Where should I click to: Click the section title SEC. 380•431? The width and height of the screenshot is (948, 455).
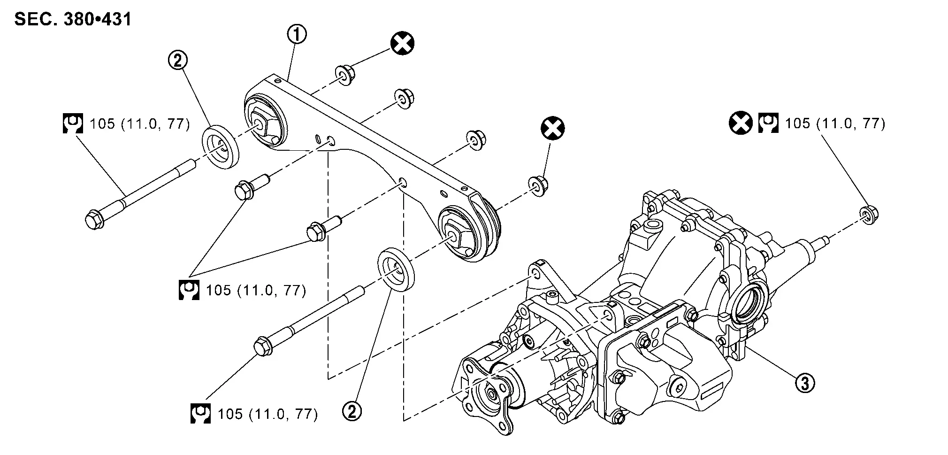click(x=73, y=19)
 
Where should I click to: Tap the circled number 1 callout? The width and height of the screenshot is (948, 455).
click(x=297, y=34)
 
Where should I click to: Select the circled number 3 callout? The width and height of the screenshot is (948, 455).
click(x=805, y=383)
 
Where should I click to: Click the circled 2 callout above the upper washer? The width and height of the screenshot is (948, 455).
click(x=178, y=61)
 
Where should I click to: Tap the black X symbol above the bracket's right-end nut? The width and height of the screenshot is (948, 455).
click(x=552, y=128)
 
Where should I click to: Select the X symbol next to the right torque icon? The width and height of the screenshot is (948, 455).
click(x=741, y=123)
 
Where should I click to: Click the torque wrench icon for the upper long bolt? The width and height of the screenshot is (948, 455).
click(x=73, y=123)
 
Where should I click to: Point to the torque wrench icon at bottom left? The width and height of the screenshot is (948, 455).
click(x=200, y=414)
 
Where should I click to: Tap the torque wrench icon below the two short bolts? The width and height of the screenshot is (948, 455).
click(x=189, y=290)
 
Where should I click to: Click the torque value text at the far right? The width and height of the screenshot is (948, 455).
click(x=835, y=123)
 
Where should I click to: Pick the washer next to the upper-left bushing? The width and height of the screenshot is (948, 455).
click(x=220, y=146)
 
